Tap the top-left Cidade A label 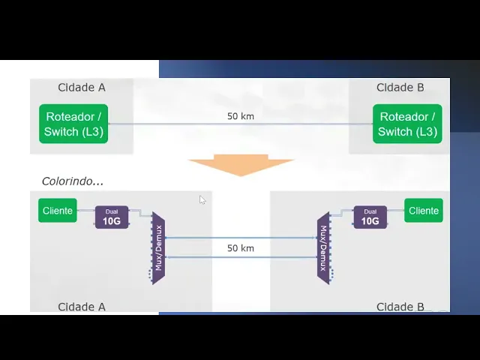(82, 88)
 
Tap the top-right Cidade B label (400, 88)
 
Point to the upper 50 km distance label (240, 116)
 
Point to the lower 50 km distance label (240, 248)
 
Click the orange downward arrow (240, 165)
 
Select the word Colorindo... (71, 181)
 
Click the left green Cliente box (58, 211)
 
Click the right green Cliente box (424, 211)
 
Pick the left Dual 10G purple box (112, 217)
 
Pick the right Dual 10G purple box (370, 217)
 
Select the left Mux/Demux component (157, 247)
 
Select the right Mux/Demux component (323, 247)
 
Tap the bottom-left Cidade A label (82, 307)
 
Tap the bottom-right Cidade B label (400, 307)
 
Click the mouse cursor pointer (202, 199)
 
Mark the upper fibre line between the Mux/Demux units (240, 238)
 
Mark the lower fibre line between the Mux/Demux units (240, 257)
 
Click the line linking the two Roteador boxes (187, 124)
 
